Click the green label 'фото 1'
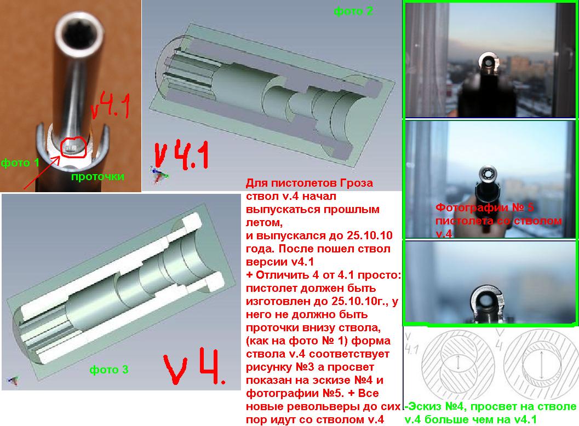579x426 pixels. [20, 163]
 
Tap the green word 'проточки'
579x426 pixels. [98, 176]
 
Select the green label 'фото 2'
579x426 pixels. [353, 11]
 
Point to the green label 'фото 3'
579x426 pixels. [109, 369]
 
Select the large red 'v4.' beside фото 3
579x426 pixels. [194, 365]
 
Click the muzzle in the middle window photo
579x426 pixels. [488, 175]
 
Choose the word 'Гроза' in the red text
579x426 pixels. [357, 183]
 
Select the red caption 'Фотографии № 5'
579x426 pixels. [484, 207]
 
